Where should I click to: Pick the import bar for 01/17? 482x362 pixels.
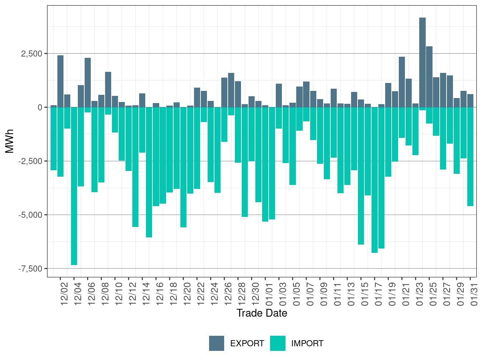point(374,180)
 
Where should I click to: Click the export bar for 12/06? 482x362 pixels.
point(88,83)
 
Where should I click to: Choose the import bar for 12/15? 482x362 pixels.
point(149,172)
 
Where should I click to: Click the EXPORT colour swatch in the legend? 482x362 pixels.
point(217,343)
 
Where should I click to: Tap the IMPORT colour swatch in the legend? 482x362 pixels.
point(278,343)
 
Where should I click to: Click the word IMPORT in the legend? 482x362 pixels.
point(307,344)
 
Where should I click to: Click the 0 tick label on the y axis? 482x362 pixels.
point(40,107)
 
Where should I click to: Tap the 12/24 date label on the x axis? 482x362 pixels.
point(214,294)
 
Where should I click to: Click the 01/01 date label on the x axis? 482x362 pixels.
point(269,294)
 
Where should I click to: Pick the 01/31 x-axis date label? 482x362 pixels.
point(474,294)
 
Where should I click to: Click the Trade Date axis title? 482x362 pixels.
point(262,313)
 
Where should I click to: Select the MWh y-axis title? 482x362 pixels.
point(10,141)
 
